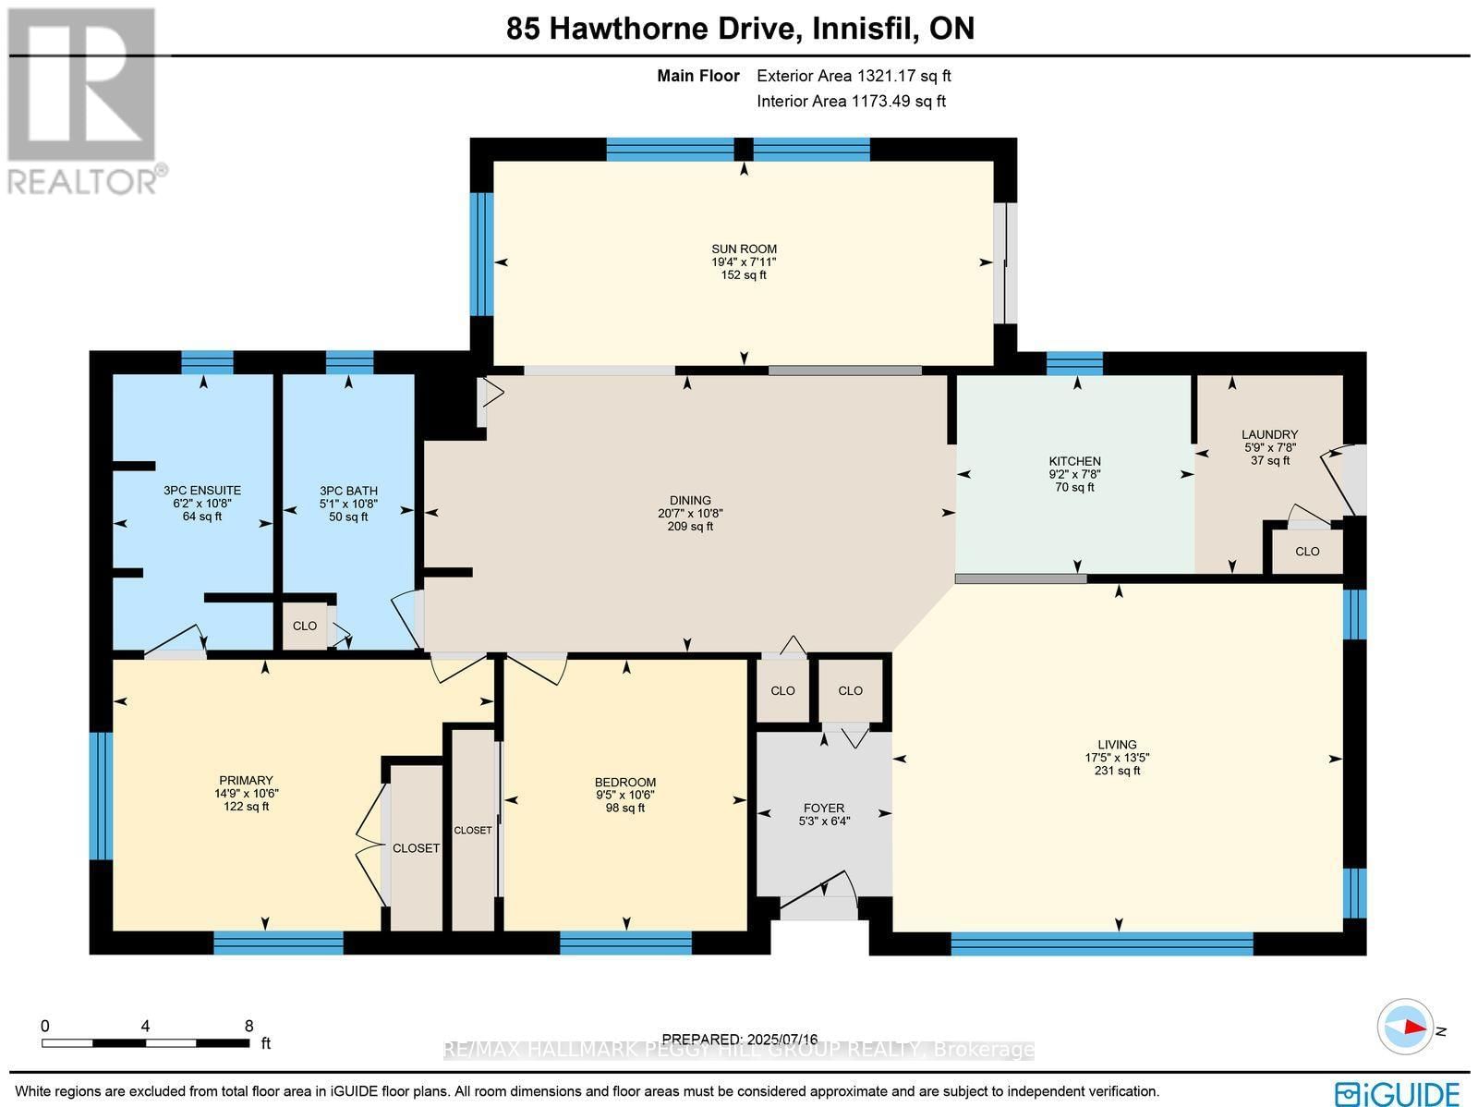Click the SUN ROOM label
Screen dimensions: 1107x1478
pos(744,249)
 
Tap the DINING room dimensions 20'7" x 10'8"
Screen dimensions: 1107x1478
pos(690,514)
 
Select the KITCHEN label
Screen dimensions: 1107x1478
pos(1074,461)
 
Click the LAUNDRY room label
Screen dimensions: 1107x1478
pos(1269,434)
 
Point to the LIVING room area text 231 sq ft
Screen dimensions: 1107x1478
pos(1117,771)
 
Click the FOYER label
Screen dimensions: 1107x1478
pos(823,808)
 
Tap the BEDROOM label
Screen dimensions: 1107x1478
pos(625,782)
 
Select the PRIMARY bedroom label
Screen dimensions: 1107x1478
pos(246,780)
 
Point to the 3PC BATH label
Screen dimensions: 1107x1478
pos(348,491)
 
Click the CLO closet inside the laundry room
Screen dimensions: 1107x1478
pos(1307,552)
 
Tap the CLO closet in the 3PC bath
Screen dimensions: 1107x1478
pos(305,626)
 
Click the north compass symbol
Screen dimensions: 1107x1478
pos(1407,1028)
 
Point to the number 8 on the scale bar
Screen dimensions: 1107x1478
pos(248,1026)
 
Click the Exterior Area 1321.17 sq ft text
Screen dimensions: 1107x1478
pos(854,76)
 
